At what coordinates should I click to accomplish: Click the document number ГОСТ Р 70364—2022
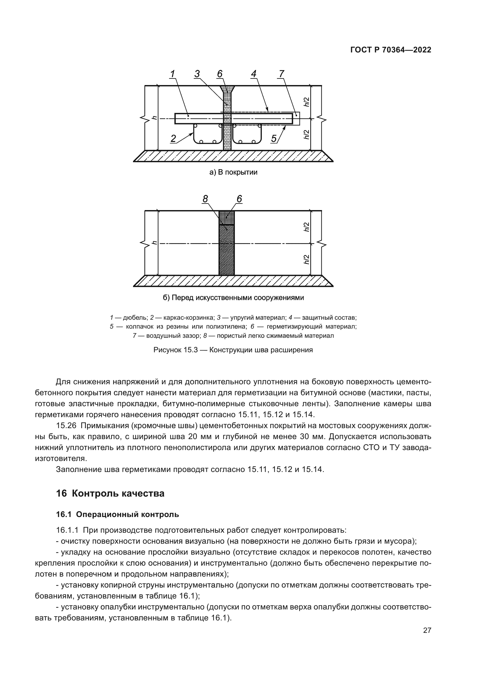pyautogui.click(x=391, y=50)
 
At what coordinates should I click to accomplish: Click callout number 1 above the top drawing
pyautogui.click(x=173, y=74)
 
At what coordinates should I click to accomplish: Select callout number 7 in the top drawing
pyautogui.click(x=281, y=74)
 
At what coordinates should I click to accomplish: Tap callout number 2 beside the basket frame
pyautogui.click(x=173, y=139)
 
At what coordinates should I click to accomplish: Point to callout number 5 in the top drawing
pyautogui.click(x=274, y=139)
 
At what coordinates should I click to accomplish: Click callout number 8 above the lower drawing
pyautogui.click(x=205, y=199)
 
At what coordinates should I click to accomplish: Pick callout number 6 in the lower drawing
pyautogui.click(x=239, y=199)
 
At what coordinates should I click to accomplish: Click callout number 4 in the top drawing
pyautogui.click(x=254, y=74)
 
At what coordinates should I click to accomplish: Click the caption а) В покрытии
pyautogui.click(x=233, y=173)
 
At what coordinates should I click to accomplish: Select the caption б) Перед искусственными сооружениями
pyautogui.click(x=233, y=298)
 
